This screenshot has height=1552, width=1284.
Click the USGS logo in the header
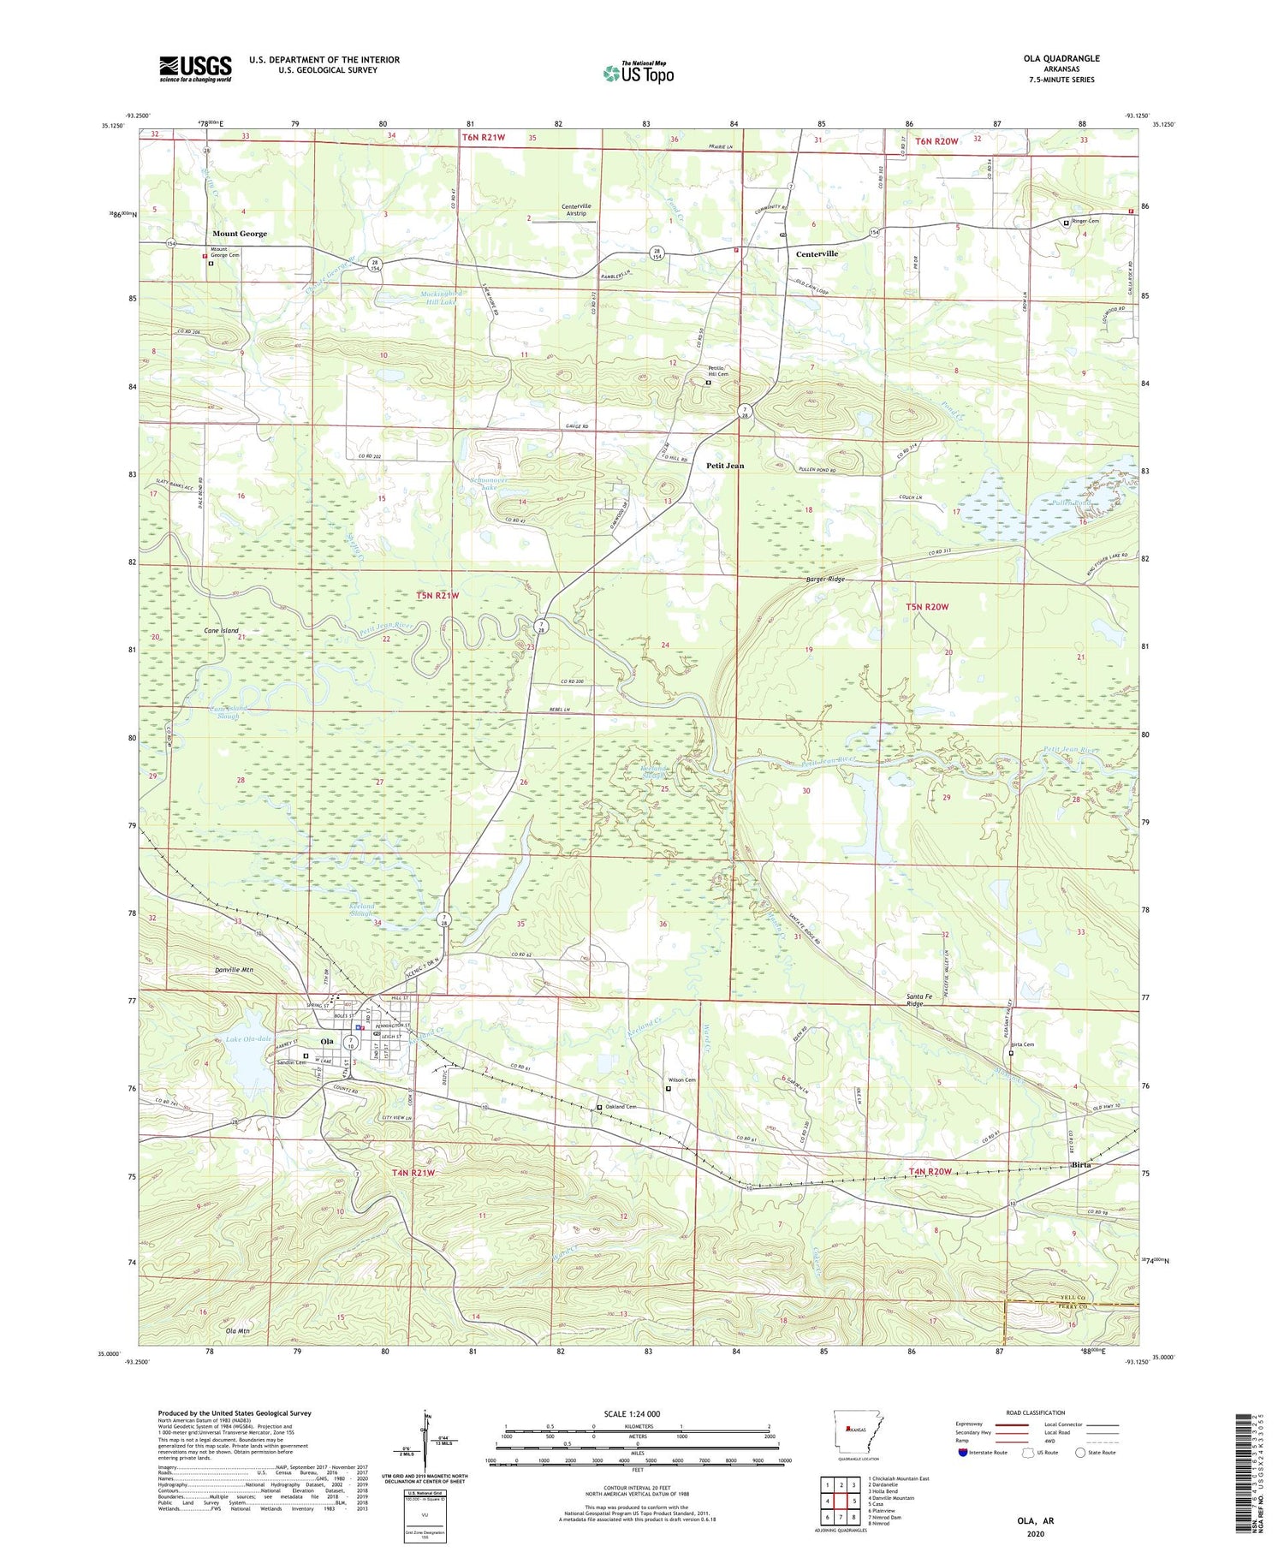tap(195, 68)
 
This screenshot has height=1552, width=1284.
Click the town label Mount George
tap(240, 234)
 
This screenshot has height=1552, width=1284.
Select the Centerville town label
tap(817, 254)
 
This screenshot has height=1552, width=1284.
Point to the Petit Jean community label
tap(725, 466)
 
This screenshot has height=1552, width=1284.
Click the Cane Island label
tap(221, 631)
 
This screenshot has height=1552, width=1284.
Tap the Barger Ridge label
tap(825, 580)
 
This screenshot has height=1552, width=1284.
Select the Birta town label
tap(1084, 1165)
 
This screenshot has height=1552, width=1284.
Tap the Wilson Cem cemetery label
tap(681, 1080)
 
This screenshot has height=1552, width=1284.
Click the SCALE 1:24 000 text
tap(637, 1414)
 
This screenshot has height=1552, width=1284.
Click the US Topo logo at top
tap(638, 73)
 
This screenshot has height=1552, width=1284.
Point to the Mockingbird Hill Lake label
tap(442, 297)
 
